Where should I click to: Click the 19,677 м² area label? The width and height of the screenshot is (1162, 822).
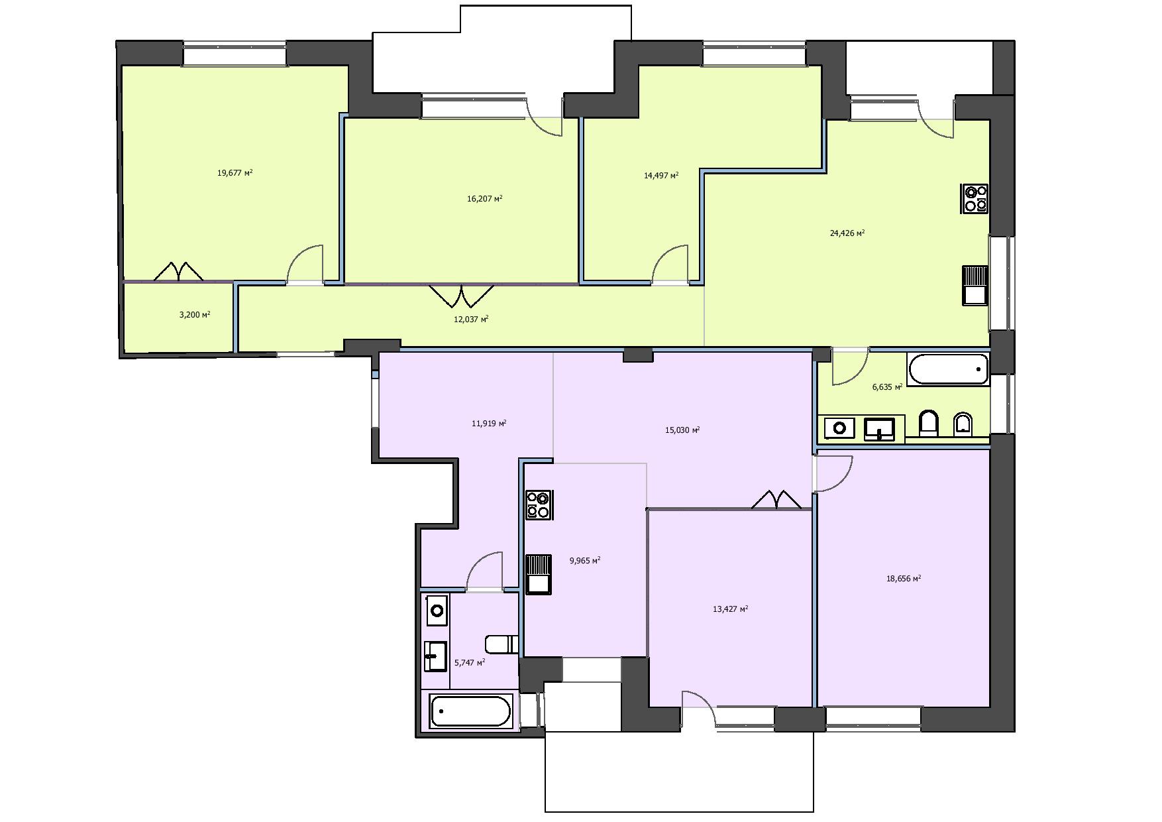[x=235, y=173]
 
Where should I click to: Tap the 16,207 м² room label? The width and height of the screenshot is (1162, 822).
[x=485, y=198]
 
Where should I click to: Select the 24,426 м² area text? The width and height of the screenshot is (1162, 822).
[x=847, y=233]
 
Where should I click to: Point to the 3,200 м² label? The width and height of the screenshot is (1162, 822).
[x=195, y=315]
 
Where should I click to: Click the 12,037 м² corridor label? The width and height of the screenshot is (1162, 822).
[x=471, y=319]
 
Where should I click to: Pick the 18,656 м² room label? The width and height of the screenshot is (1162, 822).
[x=904, y=578]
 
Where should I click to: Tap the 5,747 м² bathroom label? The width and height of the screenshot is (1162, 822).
[x=470, y=662]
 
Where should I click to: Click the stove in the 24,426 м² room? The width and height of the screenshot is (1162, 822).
[x=975, y=199]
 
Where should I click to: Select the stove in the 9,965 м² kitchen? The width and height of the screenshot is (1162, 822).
[x=539, y=504]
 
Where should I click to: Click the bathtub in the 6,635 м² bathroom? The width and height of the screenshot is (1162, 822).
[x=948, y=370]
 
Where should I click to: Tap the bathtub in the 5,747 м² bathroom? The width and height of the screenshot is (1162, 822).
[x=470, y=711]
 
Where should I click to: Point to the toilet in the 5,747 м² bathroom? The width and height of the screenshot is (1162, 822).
[x=502, y=644]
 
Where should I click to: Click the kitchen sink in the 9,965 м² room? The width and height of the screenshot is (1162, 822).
[x=539, y=573]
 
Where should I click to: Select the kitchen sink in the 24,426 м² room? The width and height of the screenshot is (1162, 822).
[x=975, y=285]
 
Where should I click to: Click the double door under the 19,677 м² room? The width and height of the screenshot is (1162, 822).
[x=179, y=271]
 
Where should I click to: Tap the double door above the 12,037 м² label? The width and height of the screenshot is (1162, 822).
[x=462, y=296]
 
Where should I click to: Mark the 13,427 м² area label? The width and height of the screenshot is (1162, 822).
[x=730, y=609]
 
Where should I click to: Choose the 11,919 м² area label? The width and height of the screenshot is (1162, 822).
[x=489, y=423]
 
